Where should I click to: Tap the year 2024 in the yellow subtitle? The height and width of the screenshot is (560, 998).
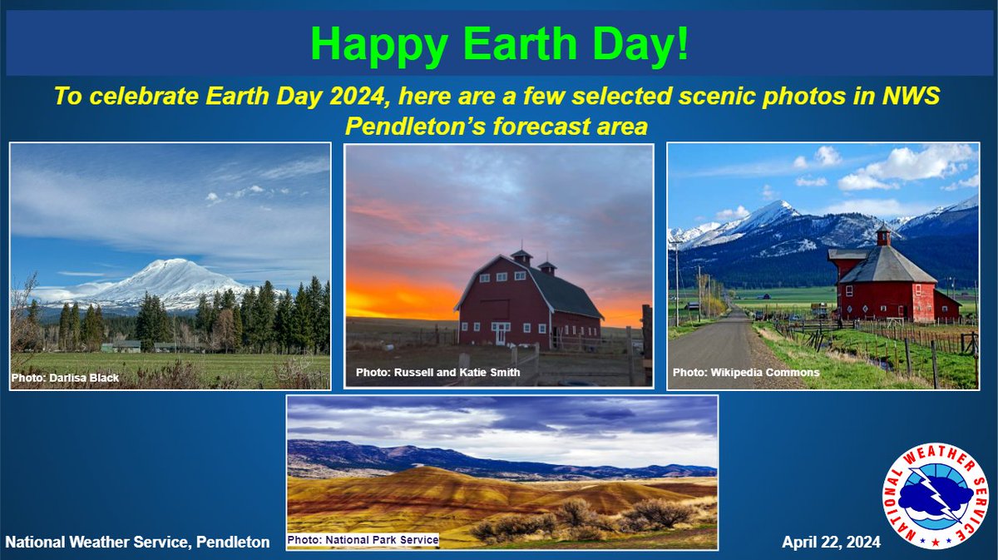click(x=357, y=96)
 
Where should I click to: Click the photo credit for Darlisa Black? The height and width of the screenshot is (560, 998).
click(x=65, y=378)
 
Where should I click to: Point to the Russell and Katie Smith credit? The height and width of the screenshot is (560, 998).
click(x=438, y=372)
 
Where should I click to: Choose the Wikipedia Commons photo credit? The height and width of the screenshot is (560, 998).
click(x=746, y=372)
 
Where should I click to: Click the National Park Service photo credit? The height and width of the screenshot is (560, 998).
click(x=363, y=540)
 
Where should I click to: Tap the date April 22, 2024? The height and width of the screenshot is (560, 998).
click(x=832, y=543)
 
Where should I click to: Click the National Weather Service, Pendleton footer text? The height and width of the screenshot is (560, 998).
click(x=137, y=543)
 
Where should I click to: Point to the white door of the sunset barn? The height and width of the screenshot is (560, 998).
click(x=501, y=334)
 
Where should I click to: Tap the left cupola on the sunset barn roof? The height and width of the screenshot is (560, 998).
click(x=521, y=257)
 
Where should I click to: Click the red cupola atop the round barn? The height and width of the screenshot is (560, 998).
click(x=883, y=235)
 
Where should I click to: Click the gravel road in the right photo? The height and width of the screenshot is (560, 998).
click(x=722, y=348)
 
